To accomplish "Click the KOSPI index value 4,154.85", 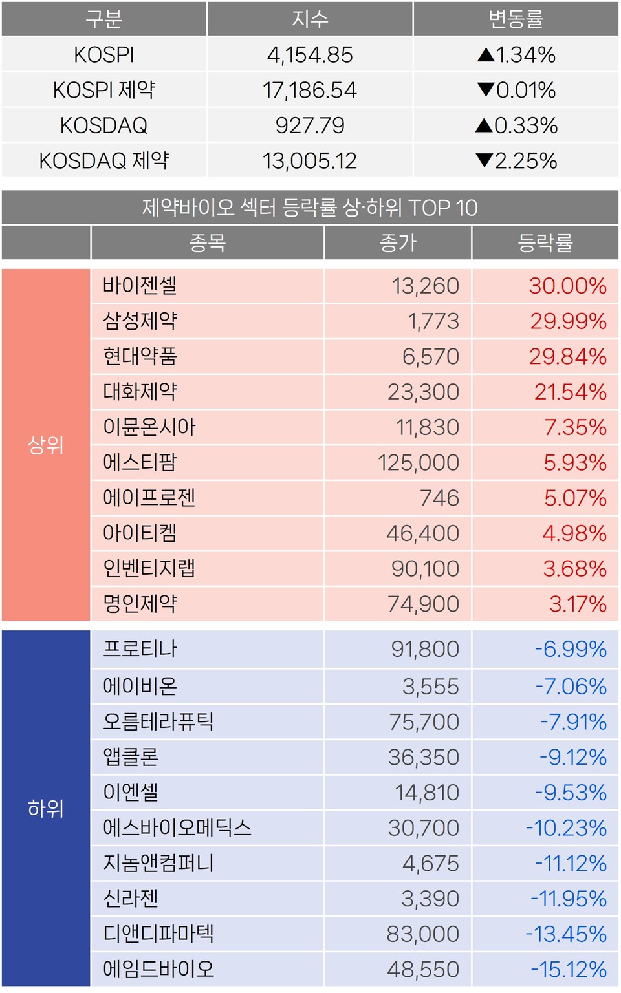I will click(x=310, y=55).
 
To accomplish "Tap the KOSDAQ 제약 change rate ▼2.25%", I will click(x=516, y=160).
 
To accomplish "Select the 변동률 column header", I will click(x=516, y=19).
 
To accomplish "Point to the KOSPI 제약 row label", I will click(x=104, y=90).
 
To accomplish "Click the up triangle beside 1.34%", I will click(x=486, y=55).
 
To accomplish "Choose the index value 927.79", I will click(x=310, y=125).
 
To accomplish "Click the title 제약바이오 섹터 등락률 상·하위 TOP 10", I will click(x=310, y=208).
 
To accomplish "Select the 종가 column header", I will click(x=398, y=243).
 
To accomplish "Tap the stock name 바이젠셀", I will click(x=140, y=286).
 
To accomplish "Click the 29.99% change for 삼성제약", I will click(x=568, y=321).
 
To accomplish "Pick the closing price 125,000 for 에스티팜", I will click(x=419, y=463).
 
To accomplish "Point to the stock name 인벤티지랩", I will click(x=149, y=569).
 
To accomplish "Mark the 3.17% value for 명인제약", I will click(x=578, y=604).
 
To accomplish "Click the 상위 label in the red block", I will click(x=45, y=445).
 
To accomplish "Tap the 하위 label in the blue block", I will click(x=45, y=808).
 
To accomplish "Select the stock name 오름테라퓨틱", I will click(x=158, y=721).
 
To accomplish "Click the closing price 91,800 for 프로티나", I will click(x=425, y=649).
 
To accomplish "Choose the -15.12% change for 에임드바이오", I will click(x=569, y=969).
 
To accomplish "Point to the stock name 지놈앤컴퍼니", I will click(x=158, y=863).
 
